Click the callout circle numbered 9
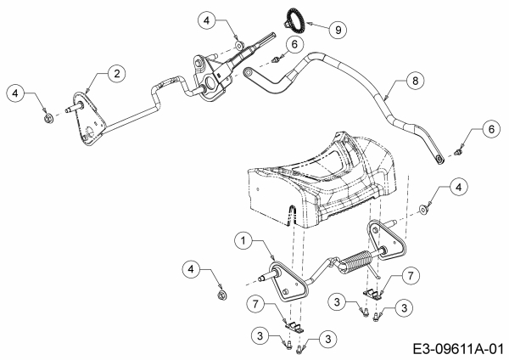point(338,30)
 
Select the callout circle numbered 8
point(415,81)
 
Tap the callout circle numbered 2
point(116,73)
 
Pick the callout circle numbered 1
point(243,240)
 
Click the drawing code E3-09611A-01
point(459,350)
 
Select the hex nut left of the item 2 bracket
point(48,118)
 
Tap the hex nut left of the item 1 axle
point(222,295)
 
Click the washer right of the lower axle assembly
point(423,210)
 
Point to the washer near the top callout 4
point(239,45)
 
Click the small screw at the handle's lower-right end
point(458,151)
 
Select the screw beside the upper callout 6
point(275,59)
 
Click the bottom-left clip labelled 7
point(294,327)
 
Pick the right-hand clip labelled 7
point(372,294)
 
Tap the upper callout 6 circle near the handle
point(294,44)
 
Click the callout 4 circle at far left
point(15,93)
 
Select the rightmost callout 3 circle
point(404,307)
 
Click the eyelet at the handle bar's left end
point(249,71)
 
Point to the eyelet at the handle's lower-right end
point(439,160)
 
